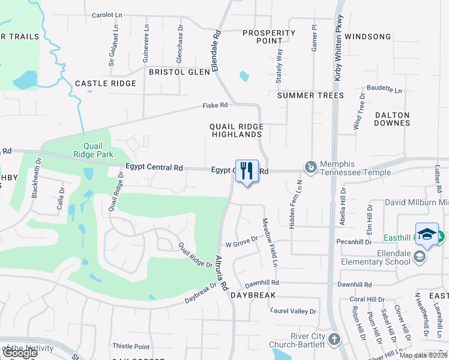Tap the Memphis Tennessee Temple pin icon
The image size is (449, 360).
point(310,167)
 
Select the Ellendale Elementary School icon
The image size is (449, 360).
point(419,256)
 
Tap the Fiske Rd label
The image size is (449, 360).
point(215,106)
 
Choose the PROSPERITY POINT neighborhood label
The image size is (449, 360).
point(268,37)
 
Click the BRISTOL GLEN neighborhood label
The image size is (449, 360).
point(179,72)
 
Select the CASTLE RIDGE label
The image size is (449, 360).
point(106,83)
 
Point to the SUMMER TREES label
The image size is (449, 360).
point(310,95)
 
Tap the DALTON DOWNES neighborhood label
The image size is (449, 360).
point(392,119)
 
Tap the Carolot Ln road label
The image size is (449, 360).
point(111,16)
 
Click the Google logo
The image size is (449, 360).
point(19,353)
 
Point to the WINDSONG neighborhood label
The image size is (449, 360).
point(368,37)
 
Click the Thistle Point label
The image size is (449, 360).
point(131,347)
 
